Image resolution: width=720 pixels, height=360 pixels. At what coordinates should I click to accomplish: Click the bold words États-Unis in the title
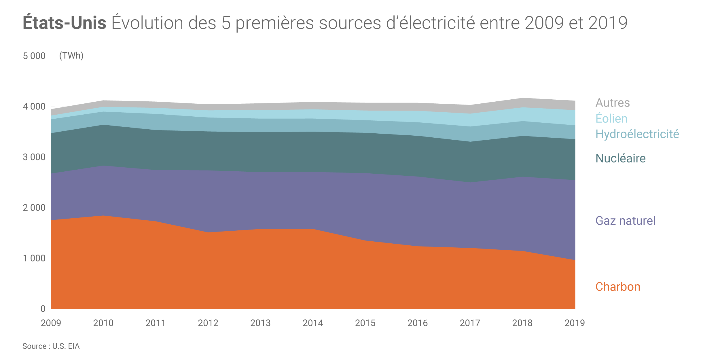coord(65,23)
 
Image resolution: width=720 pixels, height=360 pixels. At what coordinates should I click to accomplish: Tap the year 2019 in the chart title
coord(608,23)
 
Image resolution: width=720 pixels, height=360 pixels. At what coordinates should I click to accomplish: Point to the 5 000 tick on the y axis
coord(34,56)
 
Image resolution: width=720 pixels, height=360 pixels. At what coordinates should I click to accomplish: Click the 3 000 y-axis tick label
coord(34,157)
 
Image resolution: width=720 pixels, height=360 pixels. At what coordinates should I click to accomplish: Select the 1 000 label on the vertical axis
coord(34,258)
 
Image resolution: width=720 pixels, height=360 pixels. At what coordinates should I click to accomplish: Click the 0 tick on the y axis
coord(43,309)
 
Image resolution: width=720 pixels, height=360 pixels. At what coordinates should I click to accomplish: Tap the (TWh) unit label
coord(71,55)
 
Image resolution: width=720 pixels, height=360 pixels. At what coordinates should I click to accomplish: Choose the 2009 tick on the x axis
coord(51,323)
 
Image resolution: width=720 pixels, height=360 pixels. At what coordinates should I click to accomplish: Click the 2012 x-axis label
coord(208,323)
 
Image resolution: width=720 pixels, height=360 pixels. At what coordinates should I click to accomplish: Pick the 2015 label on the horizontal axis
coord(365,323)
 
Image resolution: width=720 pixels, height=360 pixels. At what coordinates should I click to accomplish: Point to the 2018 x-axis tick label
coord(522,323)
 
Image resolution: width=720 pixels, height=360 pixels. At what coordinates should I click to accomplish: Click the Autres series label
coord(613,103)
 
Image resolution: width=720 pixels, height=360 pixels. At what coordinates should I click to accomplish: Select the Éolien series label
coord(611,119)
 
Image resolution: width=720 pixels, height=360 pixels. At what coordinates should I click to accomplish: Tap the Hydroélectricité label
coord(637,134)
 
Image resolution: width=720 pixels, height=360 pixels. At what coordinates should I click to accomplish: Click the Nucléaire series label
coord(620,158)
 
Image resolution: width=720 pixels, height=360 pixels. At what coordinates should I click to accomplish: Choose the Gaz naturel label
coord(625,221)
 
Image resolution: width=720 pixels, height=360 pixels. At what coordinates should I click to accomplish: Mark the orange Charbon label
coord(618,287)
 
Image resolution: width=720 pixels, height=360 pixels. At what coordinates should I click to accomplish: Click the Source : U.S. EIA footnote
coord(51,346)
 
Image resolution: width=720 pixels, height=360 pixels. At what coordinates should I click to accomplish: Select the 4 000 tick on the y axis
coord(34,107)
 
